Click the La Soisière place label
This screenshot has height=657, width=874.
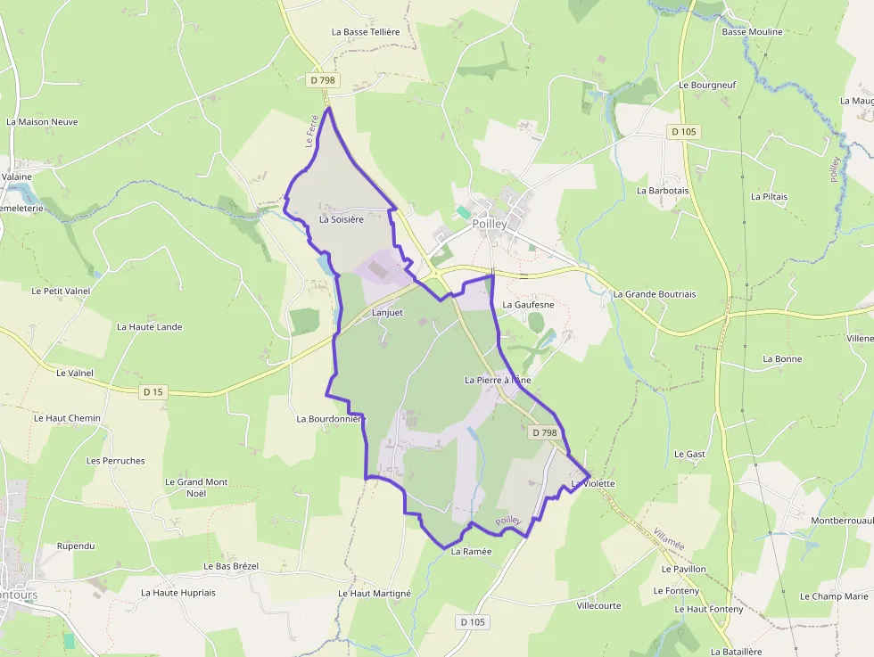[x=342, y=219]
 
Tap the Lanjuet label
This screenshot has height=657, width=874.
[x=388, y=313]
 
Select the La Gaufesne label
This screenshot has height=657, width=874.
[x=528, y=305]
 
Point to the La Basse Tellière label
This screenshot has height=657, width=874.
[x=366, y=32]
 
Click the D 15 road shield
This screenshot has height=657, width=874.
[x=153, y=391]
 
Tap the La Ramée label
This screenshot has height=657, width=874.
[x=472, y=552]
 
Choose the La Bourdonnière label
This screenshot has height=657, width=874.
[x=332, y=418]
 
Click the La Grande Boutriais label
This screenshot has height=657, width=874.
[x=655, y=294]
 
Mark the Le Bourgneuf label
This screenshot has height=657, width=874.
[x=707, y=86]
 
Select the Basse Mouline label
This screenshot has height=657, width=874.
[x=752, y=32]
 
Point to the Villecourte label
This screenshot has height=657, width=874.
[x=599, y=605]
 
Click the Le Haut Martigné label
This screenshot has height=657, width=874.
[x=375, y=594]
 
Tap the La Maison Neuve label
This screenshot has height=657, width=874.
[x=42, y=122]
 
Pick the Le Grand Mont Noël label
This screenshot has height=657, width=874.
[x=196, y=488]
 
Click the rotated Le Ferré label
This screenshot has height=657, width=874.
[x=312, y=131]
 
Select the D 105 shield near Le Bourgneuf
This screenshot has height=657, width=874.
[x=683, y=132]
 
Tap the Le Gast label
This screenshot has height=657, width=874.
[x=689, y=455]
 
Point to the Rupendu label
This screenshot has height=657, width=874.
[x=76, y=546]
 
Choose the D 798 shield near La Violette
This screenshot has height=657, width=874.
[x=544, y=433]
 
